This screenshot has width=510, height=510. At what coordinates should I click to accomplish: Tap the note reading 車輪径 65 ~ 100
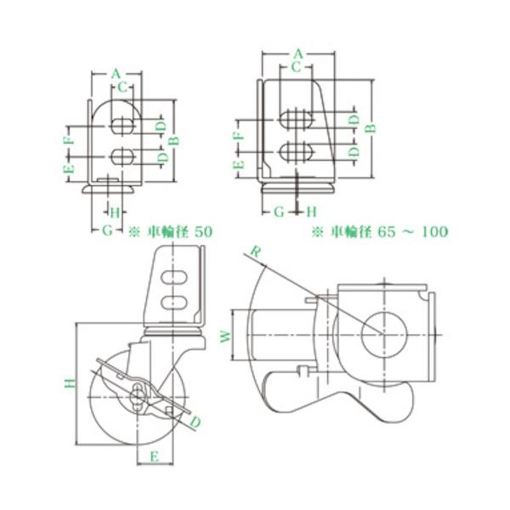pyautogui.click(x=389, y=231)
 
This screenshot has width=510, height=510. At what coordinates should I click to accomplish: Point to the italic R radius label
pyautogui.click(x=256, y=252)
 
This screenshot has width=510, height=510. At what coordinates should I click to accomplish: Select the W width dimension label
pyautogui.click(x=226, y=337)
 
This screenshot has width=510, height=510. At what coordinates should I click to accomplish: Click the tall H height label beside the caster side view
pyautogui.click(x=70, y=382)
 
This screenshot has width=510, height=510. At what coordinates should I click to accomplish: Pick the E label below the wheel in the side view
pyautogui.click(x=155, y=457)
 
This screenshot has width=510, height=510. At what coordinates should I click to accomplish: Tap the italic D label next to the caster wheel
pyautogui.click(x=195, y=422)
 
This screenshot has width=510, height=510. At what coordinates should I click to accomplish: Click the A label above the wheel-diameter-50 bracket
pyautogui.click(x=116, y=75)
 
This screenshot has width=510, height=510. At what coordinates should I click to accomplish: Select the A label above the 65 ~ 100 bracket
pyautogui.click(x=298, y=54)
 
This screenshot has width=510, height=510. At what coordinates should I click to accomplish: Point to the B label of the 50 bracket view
pyautogui.click(x=174, y=140)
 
